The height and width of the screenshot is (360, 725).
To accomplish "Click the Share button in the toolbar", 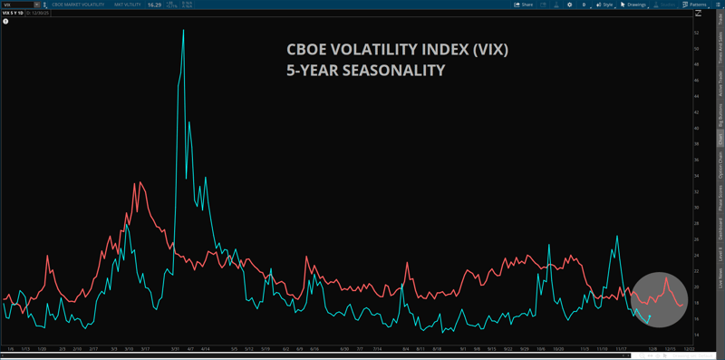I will (x=523, y=5).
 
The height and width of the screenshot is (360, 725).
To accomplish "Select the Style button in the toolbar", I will (x=606, y=5).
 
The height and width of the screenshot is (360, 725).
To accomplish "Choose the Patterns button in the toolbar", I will (x=694, y=5).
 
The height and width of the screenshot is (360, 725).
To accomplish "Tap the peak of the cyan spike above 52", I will (x=184, y=30).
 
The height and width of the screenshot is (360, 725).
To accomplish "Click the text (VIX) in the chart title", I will (x=490, y=50).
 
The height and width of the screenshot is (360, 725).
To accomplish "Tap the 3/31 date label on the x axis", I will (x=172, y=347).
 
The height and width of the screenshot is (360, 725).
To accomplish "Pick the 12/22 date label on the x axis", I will (x=690, y=347).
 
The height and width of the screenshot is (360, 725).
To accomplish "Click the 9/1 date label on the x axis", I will (x=463, y=347).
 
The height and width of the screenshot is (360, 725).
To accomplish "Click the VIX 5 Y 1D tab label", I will (x=14, y=15).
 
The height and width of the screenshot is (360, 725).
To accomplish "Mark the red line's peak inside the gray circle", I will (x=666, y=278).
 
